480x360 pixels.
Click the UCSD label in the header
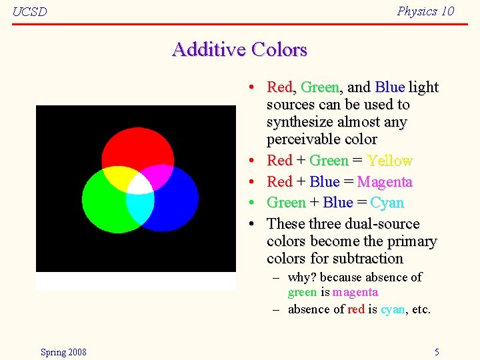coord(30,12)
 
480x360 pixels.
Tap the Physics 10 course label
coord(425,11)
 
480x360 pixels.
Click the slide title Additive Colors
coord(239,50)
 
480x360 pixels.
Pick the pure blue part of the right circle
coord(177,203)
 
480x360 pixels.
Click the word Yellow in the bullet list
coord(389,161)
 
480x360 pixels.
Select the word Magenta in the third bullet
coord(385,182)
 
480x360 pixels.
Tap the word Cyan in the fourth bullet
coord(387,203)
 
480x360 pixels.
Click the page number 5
coord(437,352)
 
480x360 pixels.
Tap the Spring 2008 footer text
coord(63,352)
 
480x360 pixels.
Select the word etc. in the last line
coord(421,309)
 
